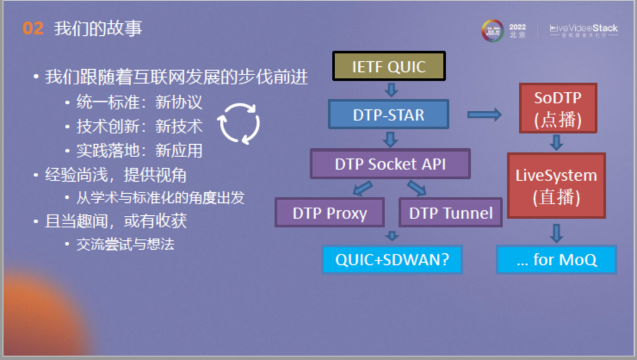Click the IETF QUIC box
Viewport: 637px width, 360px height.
(389, 66)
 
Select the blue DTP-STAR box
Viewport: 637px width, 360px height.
(388, 114)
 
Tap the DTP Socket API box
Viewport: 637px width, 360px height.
(390, 163)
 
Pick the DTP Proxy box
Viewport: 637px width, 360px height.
(329, 212)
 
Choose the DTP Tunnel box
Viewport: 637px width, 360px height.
(451, 212)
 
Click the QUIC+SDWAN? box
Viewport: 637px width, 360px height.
(392, 260)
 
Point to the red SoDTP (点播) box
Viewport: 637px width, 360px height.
(558, 108)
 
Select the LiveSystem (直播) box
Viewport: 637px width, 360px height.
(556, 186)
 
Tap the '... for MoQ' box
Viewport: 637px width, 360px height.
(556, 260)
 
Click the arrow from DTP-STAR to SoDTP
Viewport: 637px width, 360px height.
(484, 114)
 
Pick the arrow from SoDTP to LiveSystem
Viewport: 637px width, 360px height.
(556, 142)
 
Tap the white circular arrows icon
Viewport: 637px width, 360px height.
(239, 123)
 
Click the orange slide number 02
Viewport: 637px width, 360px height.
(33, 29)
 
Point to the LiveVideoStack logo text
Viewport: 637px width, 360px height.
(583, 28)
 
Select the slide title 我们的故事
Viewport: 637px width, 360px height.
(98, 29)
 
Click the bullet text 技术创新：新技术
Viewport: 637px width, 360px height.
(139, 126)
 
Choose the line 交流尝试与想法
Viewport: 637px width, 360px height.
(125, 244)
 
